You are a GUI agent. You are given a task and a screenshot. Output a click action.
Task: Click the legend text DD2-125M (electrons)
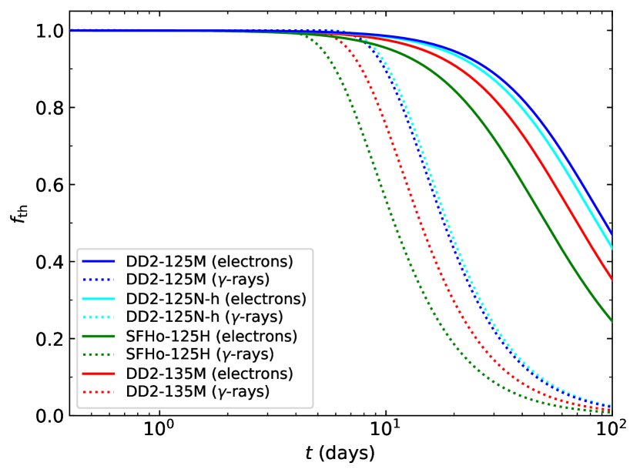(x=209, y=260)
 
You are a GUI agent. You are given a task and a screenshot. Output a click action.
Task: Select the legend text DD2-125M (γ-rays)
(x=198, y=279)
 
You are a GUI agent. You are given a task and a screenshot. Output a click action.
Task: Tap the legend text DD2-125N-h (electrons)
(x=216, y=298)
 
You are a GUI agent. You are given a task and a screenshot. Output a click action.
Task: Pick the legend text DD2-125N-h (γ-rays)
(x=204, y=317)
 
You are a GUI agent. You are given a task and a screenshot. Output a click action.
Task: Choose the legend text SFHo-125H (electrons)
(x=212, y=336)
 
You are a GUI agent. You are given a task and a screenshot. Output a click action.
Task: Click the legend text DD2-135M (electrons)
(x=209, y=374)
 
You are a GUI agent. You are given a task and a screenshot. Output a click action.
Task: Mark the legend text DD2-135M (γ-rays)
(x=198, y=392)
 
